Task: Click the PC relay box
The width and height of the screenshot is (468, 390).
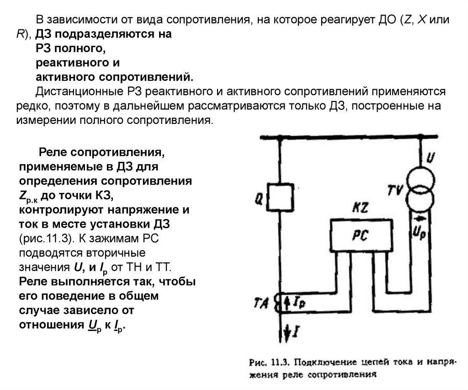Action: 361,235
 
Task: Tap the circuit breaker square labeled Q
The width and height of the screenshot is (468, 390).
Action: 280,196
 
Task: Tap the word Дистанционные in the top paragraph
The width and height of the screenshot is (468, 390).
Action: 80,92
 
